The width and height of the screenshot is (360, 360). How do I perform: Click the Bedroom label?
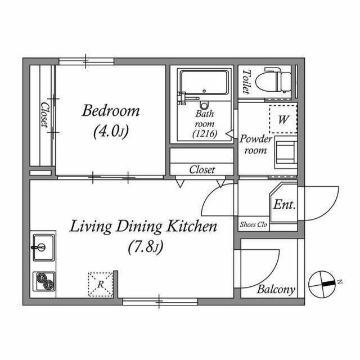111,110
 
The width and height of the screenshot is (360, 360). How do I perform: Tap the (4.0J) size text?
111,131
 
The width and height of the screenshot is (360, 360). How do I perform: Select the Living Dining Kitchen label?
143,226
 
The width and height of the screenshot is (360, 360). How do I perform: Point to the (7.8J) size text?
146,247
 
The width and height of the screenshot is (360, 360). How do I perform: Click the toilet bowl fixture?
273,80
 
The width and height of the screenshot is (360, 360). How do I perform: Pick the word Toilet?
246,82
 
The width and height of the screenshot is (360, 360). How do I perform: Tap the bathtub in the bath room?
204,83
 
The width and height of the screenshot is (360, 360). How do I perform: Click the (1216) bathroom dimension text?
205,134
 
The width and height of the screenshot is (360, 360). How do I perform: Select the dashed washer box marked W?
283,119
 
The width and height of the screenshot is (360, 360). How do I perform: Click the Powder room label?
256,145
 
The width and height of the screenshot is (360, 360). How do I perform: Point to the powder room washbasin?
286,152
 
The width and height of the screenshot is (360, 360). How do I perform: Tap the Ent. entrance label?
284,204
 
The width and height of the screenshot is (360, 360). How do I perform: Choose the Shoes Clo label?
254,224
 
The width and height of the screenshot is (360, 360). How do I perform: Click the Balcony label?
276,289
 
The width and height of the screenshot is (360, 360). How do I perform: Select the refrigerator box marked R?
101,284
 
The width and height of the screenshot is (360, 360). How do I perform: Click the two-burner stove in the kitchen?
44,281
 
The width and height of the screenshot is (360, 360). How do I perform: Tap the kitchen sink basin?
44,247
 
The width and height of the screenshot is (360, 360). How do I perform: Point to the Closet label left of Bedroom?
44,115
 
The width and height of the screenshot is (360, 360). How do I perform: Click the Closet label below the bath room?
202,170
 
